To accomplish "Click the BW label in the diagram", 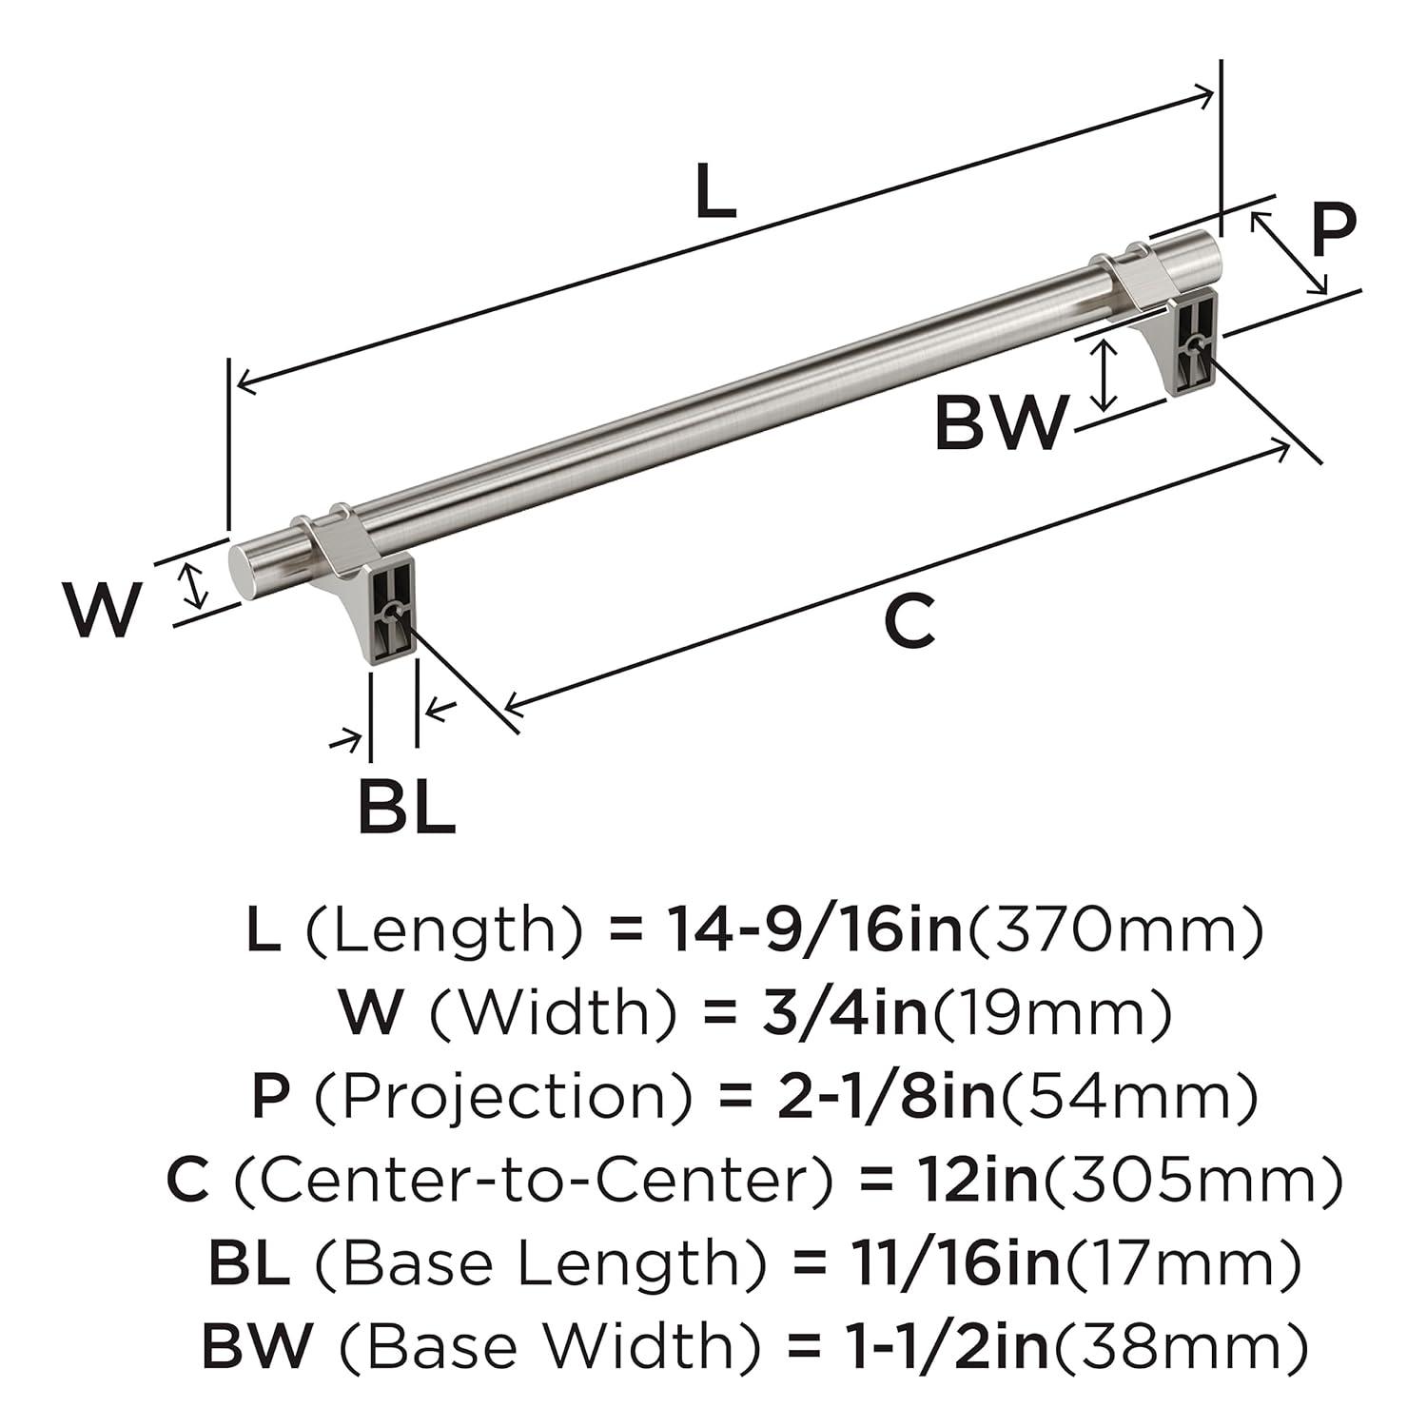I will (x=999, y=423).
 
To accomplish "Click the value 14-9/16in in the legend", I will (x=814, y=929).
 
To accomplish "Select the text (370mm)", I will (x=1115, y=929).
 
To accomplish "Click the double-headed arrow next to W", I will (x=194, y=585).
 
